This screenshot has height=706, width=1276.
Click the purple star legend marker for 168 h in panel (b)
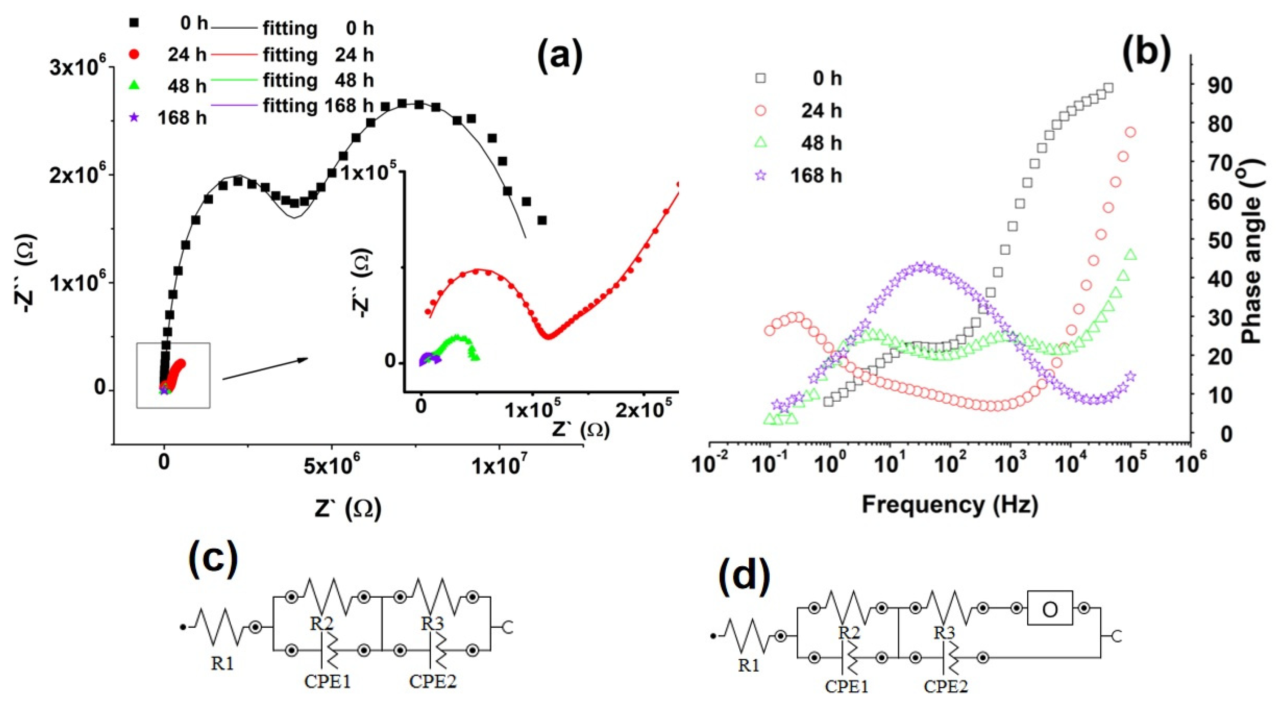tap(761, 175)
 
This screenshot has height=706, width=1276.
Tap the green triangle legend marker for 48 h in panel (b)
tap(761, 143)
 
